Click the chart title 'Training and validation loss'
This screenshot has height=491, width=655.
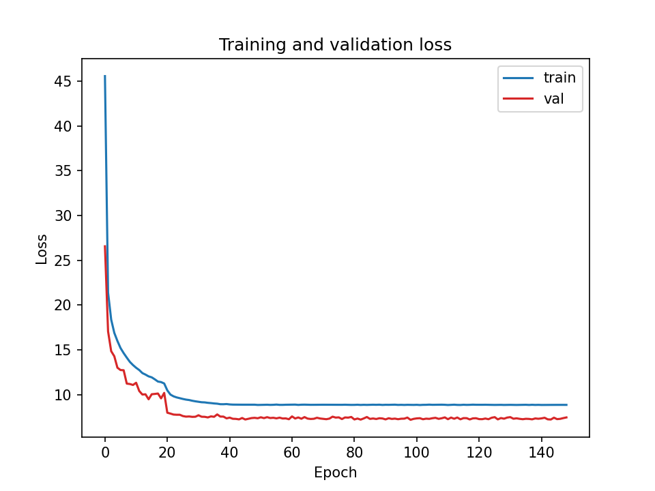335,45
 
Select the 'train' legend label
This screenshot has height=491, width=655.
559,78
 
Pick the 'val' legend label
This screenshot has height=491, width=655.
553,100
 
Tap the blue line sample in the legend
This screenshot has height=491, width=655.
517,78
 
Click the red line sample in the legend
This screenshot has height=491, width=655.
517,100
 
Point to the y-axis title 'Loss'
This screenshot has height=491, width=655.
42,249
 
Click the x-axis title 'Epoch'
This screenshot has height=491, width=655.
335,473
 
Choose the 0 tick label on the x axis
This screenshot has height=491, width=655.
105,451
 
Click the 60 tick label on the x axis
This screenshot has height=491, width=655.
292,451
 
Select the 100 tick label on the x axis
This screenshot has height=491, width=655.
416,451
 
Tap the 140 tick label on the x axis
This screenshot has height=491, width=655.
541,451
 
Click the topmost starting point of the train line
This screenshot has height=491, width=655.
105,76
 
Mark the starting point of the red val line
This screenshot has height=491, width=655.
105,246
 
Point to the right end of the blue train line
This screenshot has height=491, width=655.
566,405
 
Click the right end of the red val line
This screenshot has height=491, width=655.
566,417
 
